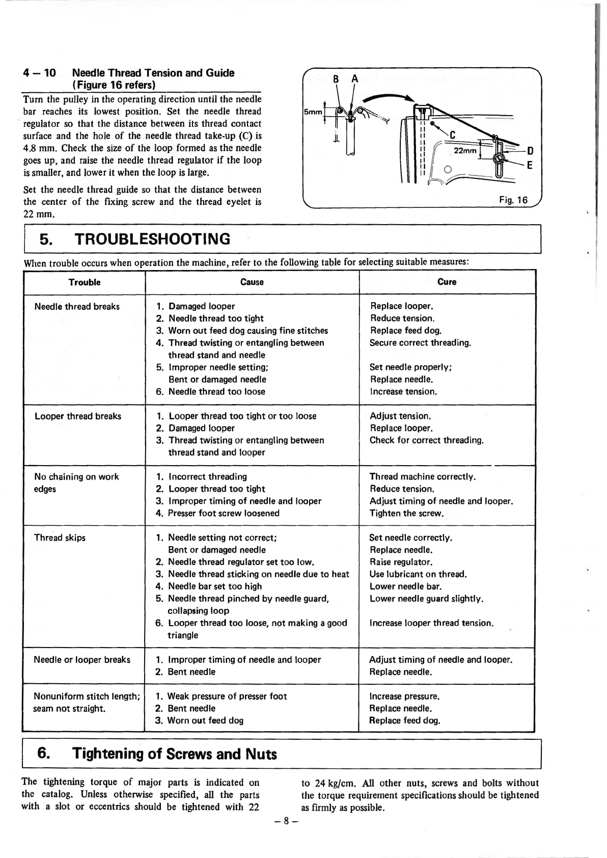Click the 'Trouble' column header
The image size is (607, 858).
point(85,282)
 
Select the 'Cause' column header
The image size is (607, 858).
point(252,282)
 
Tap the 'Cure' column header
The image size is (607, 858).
point(447,282)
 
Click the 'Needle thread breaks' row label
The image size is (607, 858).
point(77,306)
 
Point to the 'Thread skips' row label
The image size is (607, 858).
point(60,538)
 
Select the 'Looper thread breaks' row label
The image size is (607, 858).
point(78,416)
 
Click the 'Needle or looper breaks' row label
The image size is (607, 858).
point(82,660)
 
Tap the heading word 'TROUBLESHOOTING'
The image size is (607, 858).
point(152,239)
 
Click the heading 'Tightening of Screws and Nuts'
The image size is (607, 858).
point(174,754)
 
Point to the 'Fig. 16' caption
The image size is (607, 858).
point(513,200)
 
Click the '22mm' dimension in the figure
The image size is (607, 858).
point(465,151)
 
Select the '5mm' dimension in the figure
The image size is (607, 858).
point(313,112)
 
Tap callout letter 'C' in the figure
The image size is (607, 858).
point(452,135)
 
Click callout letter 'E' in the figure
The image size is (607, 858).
point(530,165)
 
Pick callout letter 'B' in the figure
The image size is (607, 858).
point(336,79)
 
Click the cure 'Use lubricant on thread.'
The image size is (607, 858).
point(418,574)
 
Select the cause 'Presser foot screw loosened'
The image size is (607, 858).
point(224,513)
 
